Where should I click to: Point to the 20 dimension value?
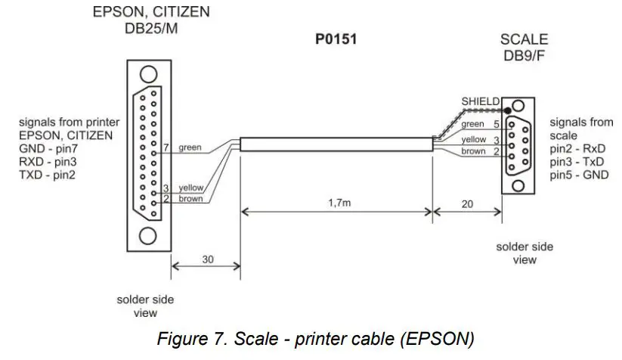[467, 203]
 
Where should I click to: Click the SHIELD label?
[480, 101]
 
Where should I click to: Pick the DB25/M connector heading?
[150, 29]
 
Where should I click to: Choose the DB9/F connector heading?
[524, 55]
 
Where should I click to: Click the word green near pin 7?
[190, 147]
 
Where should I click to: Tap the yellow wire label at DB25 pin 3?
[191, 188]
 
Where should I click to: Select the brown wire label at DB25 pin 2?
[191, 199]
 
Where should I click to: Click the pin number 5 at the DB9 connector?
[497, 124]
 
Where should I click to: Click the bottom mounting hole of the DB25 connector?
[150, 232]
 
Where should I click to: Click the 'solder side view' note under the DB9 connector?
[525, 253]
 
